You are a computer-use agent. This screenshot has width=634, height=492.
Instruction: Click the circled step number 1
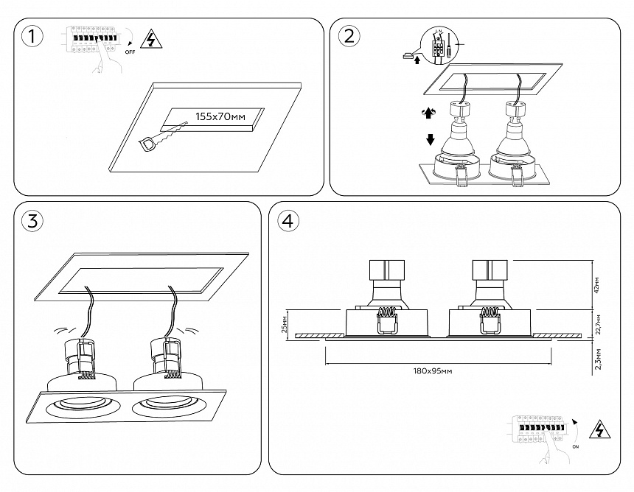click(32, 36)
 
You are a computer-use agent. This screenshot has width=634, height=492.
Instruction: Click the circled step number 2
click(349, 36)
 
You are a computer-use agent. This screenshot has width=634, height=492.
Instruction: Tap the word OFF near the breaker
click(130, 53)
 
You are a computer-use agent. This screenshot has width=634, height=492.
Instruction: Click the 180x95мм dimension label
click(433, 370)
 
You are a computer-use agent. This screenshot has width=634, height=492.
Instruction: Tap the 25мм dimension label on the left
click(285, 325)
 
